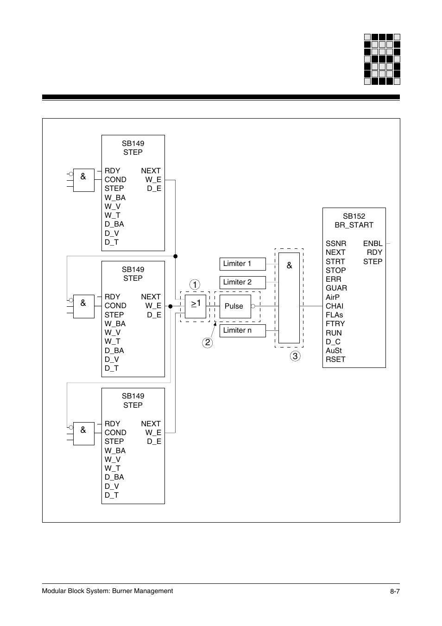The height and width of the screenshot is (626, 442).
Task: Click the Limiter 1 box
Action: coord(242,264)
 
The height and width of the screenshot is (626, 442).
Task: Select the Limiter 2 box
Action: coord(242,282)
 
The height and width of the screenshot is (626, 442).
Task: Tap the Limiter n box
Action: coord(242,330)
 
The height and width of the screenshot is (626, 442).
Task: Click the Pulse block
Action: coord(235,306)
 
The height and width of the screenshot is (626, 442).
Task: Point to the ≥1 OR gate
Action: coord(196,306)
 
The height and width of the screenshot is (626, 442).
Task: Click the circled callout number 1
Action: coord(195,285)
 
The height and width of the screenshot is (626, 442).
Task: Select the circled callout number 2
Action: coord(207,343)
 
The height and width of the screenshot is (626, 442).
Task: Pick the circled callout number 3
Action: coord(295,356)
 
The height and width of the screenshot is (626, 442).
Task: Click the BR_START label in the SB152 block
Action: coord(354,225)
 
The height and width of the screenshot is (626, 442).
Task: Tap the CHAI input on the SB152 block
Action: coord(335,306)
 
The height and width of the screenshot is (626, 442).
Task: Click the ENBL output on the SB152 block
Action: coord(373,243)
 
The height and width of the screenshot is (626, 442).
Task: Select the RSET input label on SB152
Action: coord(335,359)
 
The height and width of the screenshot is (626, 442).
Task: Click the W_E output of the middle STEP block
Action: coord(153,306)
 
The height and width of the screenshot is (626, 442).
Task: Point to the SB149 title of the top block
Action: coord(133,144)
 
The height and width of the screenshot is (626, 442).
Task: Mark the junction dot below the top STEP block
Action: coord(175,256)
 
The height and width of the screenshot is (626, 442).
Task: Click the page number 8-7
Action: coord(394,591)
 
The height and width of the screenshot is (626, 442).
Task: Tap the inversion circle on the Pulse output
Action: coord(253,306)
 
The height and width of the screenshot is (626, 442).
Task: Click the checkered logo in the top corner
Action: coord(382,59)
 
